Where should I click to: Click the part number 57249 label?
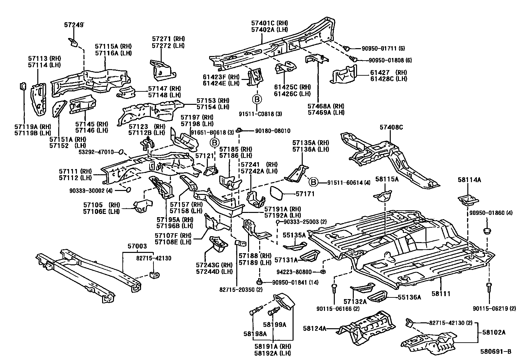pos(74,24)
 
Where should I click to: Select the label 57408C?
pos(391,127)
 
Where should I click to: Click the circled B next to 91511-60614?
pos(313,182)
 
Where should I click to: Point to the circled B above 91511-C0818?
pos(257,99)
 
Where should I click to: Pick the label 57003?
pos(137,246)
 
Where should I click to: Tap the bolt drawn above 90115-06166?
pos(334,288)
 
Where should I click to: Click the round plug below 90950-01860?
pos(488,231)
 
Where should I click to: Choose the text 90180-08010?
pos(272,131)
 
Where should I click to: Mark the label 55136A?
pos(409,297)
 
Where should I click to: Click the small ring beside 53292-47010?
pos(121,152)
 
